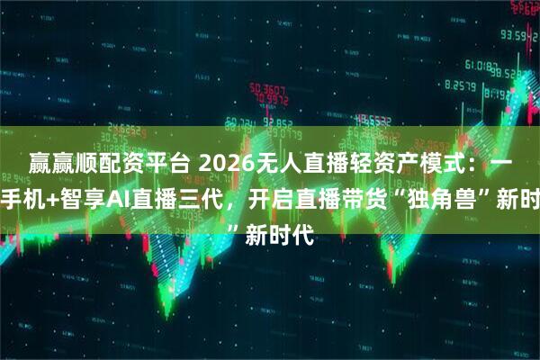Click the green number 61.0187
[x=487, y=65]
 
